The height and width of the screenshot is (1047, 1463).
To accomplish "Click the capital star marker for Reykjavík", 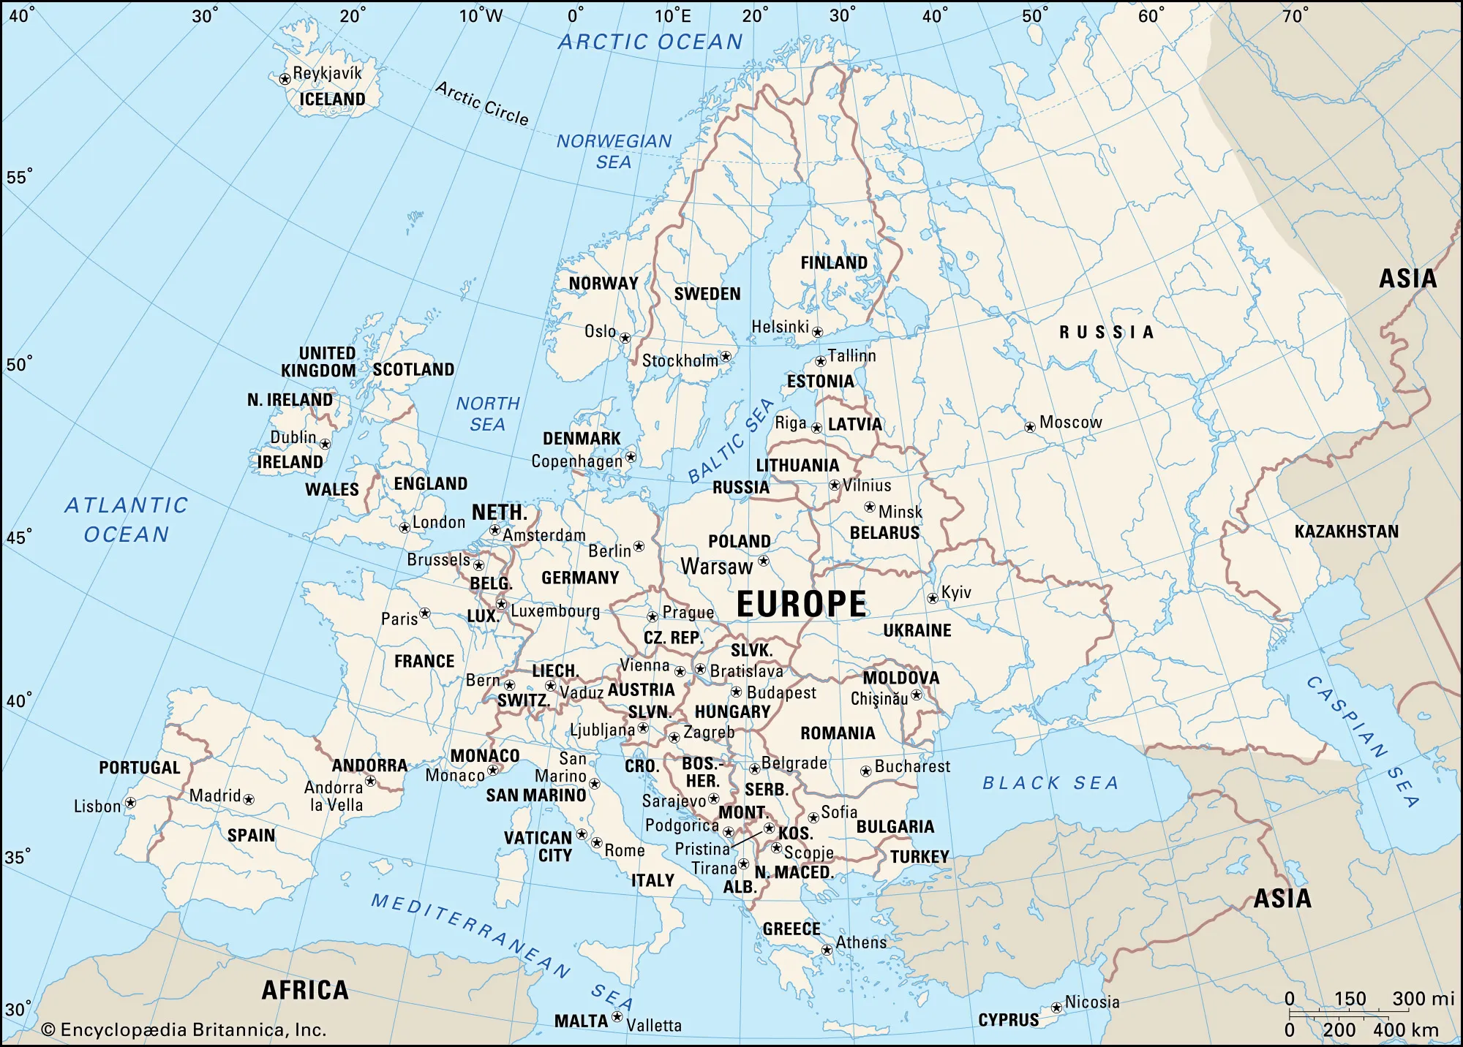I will point(285,79).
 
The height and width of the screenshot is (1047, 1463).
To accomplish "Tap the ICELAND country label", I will point(332,99).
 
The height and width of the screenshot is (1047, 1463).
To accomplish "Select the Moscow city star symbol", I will point(1030,427).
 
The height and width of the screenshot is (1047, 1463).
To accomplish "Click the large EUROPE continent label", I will point(802,605).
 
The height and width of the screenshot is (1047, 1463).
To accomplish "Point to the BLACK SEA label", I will point(1050,783).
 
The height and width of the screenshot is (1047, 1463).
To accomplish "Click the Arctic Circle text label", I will point(482,103).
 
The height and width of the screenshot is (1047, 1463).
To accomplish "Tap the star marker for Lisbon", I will point(130,803).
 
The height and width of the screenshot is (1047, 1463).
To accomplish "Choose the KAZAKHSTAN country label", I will point(1346,532).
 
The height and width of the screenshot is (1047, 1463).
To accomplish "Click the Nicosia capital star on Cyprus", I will point(1056,1008).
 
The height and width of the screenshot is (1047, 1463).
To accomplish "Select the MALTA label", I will point(581,1021).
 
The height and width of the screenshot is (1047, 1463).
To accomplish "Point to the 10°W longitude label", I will point(481,15).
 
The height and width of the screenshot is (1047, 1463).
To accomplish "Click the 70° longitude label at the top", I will point(1295,15).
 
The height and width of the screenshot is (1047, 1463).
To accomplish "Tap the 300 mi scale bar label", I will point(1423,999).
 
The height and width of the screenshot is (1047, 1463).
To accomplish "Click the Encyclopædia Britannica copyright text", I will point(184,1029).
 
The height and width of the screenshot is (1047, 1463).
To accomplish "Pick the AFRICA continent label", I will point(305,990).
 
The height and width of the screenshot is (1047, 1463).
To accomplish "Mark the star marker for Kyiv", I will point(933,598).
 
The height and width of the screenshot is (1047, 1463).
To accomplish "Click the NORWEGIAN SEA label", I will point(614,151).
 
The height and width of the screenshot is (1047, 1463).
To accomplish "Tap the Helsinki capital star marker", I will point(818,332).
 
